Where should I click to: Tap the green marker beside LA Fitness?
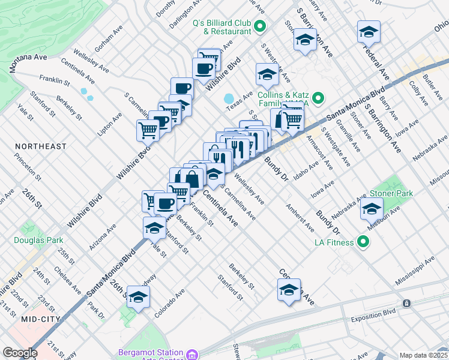point(363,242)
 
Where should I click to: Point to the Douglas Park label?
point(39,240)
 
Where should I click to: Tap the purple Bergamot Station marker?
point(191,354)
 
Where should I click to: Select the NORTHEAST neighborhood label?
point(41,146)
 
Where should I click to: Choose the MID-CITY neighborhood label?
point(41,319)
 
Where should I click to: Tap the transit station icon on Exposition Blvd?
point(407,304)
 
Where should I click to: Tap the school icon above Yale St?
point(154,228)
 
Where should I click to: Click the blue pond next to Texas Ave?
point(229,98)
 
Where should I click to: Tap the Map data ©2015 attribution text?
point(423,355)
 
